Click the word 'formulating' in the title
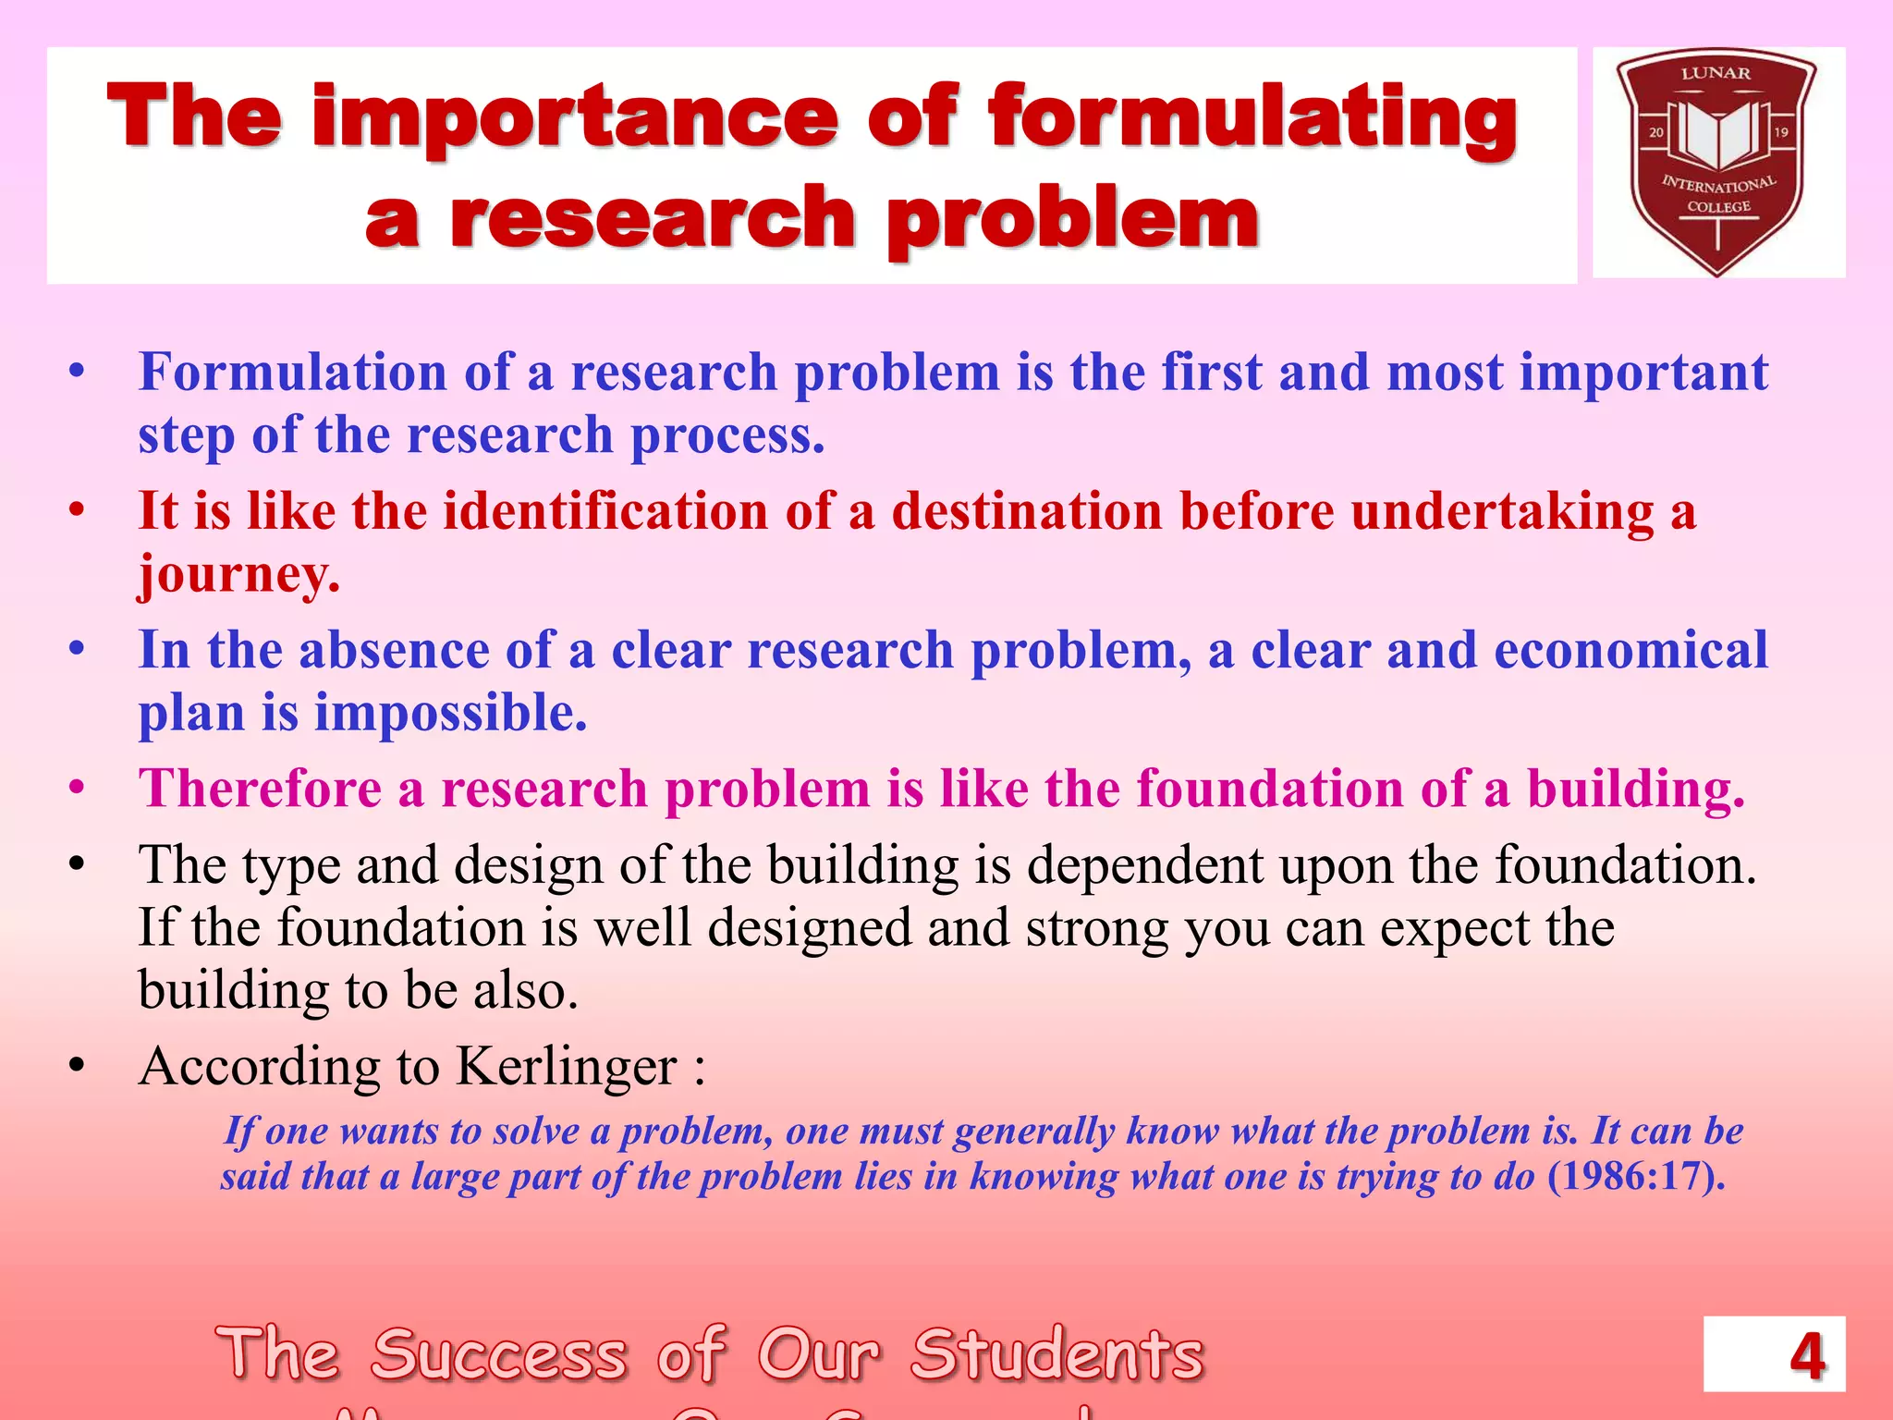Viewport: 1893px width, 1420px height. (1252, 120)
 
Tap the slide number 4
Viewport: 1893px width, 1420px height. (1806, 1356)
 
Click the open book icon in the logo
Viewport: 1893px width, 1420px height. (1717, 135)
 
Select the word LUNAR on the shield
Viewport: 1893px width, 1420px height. (1716, 73)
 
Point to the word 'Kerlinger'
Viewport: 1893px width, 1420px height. (567, 1066)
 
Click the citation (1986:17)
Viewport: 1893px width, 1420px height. (1635, 1176)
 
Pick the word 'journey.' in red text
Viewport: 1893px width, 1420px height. (239, 575)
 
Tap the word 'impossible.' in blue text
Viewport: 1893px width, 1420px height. (451, 713)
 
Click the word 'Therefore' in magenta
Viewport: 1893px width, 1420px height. (260, 790)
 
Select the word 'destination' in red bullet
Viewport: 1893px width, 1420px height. (1026, 511)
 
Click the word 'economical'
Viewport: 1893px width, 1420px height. (1630, 650)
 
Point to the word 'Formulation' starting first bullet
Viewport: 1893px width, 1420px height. (292, 373)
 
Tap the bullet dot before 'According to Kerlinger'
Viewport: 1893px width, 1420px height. (78, 1067)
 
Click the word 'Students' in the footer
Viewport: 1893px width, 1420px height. (1057, 1355)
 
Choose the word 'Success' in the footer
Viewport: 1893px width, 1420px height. (500, 1355)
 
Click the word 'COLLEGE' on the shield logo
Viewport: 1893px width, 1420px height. (1718, 207)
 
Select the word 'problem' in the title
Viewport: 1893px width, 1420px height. (1073, 220)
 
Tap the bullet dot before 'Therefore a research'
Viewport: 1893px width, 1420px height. (78, 790)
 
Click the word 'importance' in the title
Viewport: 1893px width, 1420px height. (576, 120)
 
